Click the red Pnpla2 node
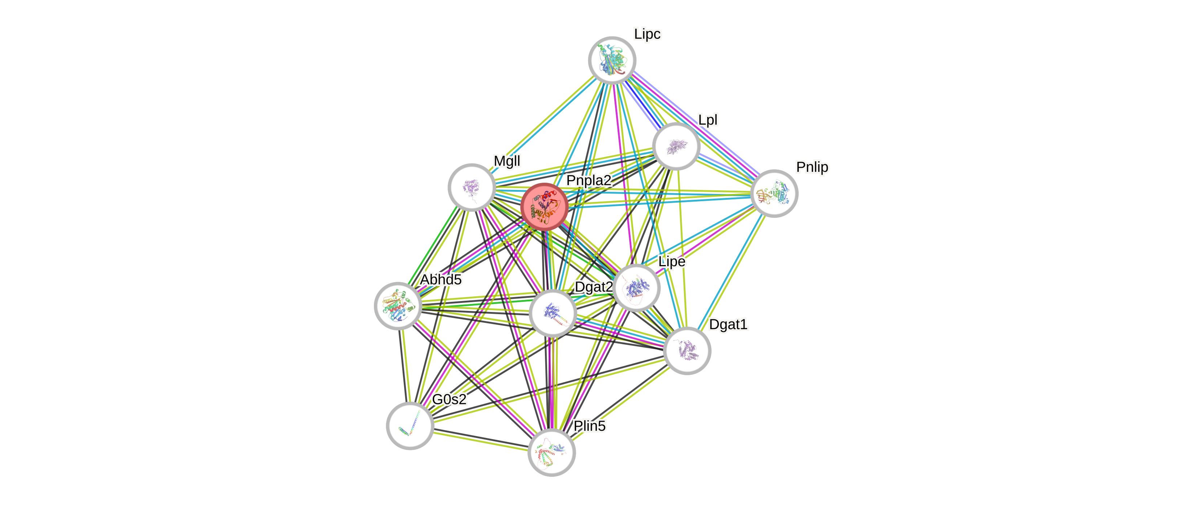pos(545,207)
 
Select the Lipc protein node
pos(612,60)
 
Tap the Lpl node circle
pos(676,146)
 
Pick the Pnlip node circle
pos(774,194)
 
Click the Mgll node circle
pos(471,187)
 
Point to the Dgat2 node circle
pos(553,313)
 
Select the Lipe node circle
pos(636,288)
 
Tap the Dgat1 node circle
pos(687,351)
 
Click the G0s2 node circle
pos(410,426)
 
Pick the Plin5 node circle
pos(551,453)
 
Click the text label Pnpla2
pos(589,180)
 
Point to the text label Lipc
pos(647,34)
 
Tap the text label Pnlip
pos(812,167)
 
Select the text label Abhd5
pos(441,279)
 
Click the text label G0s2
pos(449,399)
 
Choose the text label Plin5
pos(590,426)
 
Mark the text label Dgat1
pos(728,324)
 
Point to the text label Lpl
pos(708,120)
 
